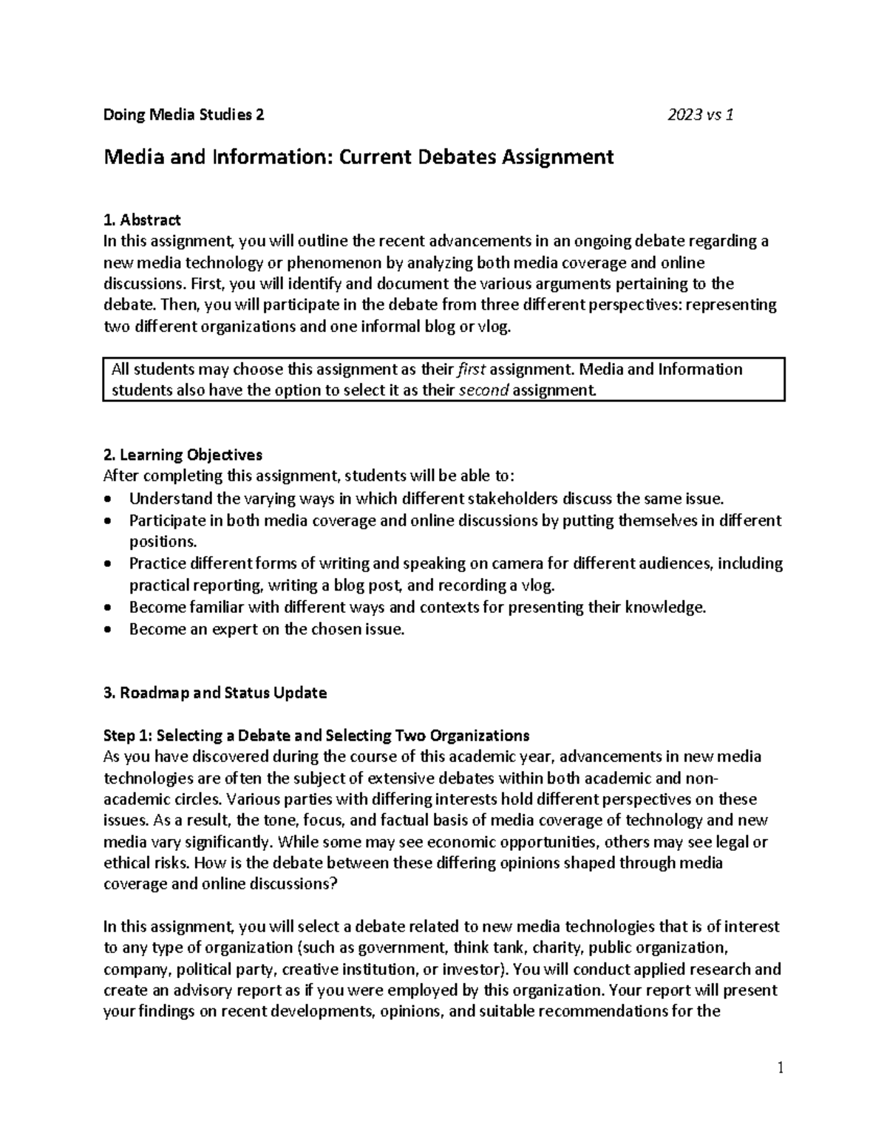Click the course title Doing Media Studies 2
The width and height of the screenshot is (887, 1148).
click(x=183, y=115)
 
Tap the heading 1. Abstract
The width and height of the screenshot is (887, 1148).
click(x=142, y=220)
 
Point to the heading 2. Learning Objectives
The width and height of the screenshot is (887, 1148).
click(x=183, y=455)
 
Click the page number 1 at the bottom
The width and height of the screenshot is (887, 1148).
click(x=780, y=1068)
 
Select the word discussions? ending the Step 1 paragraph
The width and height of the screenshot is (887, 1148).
click(x=290, y=884)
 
